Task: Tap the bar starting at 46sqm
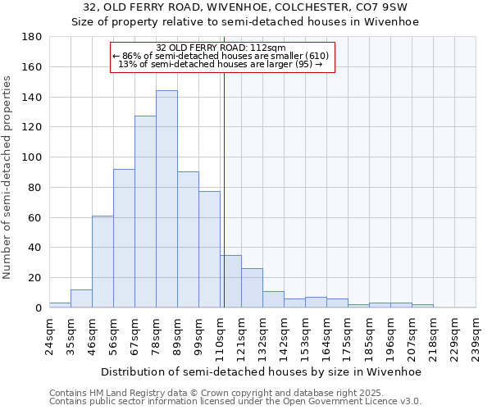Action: click(102, 262)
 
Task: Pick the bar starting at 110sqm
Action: click(230, 281)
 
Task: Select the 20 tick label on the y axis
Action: click(36, 278)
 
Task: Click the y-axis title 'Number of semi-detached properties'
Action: click(8, 177)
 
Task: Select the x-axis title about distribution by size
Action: click(262, 371)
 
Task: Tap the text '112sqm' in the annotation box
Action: click(270, 48)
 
